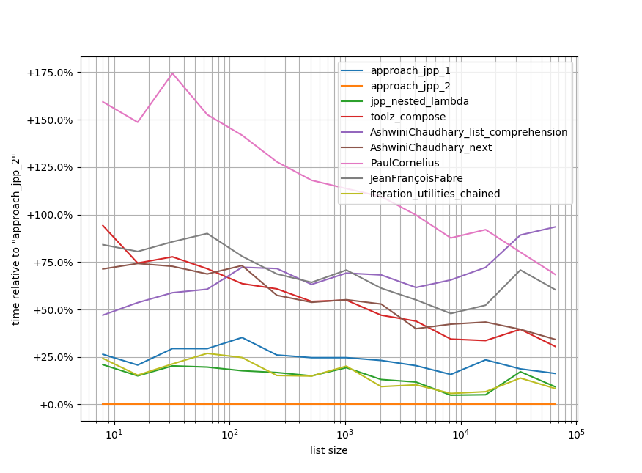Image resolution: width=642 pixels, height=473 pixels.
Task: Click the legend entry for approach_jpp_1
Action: [x=410, y=71]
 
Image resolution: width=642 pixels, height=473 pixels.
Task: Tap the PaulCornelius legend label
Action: [x=405, y=163]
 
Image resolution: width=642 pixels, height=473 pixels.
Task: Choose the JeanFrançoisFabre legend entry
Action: [x=416, y=178]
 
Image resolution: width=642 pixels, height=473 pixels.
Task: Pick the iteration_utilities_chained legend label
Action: [x=435, y=194]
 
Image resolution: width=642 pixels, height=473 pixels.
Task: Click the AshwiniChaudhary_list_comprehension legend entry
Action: [x=468, y=132]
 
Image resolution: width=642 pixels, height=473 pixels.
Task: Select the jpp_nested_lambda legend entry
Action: [x=419, y=101]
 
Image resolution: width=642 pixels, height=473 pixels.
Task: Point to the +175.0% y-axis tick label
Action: [x=50, y=73]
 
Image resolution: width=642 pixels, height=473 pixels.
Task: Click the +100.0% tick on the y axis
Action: [x=50, y=215]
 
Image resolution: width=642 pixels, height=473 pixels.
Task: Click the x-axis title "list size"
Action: [x=328, y=450]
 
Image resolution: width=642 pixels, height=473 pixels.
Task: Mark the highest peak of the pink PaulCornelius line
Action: [x=172, y=73]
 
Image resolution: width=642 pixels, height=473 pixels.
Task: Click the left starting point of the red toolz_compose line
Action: [x=103, y=225]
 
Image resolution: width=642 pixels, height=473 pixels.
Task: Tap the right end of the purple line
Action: [x=556, y=227]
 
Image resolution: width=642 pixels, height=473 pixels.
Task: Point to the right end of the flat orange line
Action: [x=556, y=404]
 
